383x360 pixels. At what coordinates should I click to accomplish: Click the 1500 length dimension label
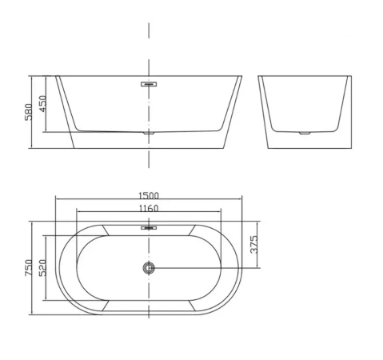[x=149, y=196]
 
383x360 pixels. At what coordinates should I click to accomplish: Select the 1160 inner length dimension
[x=149, y=208]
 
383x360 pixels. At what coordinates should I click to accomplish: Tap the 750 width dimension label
[x=29, y=268]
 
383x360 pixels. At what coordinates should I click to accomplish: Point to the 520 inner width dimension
[x=42, y=268]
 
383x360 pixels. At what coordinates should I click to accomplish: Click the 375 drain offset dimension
[x=254, y=244]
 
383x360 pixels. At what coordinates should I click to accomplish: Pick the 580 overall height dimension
[x=29, y=112]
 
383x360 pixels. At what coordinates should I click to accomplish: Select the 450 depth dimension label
[x=42, y=104]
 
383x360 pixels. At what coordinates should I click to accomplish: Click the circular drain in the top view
[x=149, y=268]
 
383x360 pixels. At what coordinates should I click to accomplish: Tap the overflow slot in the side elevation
[x=149, y=84]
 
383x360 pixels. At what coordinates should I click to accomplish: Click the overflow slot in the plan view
[x=149, y=228]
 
